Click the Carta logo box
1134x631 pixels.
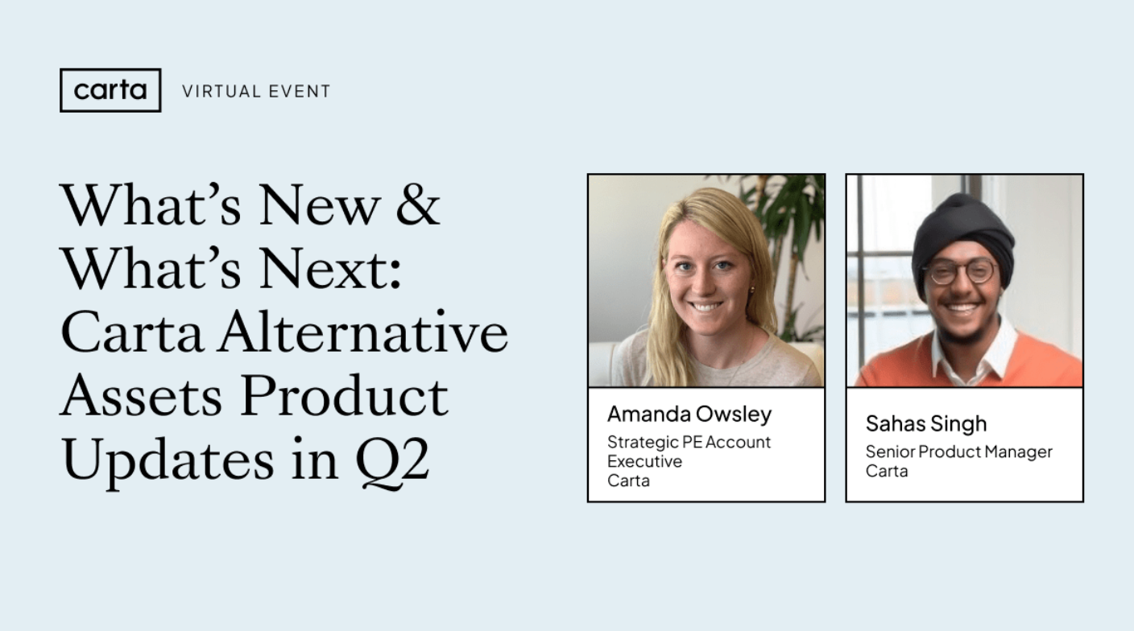tap(110, 90)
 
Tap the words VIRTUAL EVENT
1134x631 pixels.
tap(256, 92)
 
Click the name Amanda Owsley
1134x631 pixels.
tap(689, 414)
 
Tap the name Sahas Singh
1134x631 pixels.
tap(925, 423)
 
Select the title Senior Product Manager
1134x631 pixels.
tap(958, 452)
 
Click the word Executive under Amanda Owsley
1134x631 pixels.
tap(644, 461)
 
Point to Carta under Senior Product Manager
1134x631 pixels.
tap(887, 471)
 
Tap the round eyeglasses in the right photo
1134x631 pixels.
tap(960, 272)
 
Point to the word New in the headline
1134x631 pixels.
tap(318, 205)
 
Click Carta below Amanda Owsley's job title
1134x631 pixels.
tap(628, 480)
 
